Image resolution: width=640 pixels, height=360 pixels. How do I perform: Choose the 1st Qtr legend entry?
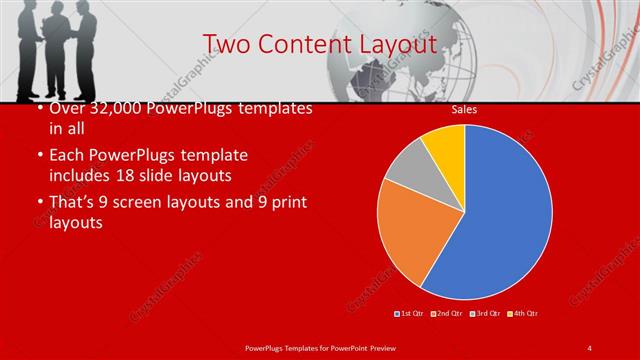click(410, 314)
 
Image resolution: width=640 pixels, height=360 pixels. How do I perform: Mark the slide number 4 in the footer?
click(590, 347)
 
